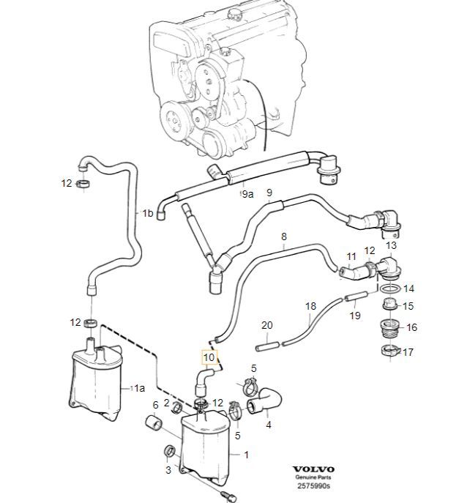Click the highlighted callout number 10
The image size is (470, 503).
pos(209,357)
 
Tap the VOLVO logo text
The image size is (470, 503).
pos(313,469)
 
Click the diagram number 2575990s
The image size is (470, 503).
pos(313,485)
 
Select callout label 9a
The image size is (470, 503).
pos(248,194)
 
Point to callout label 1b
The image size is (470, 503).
pos(148,213)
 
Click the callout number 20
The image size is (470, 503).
pos(267,325)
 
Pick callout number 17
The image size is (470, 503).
pos(408,352)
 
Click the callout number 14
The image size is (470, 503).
pos(409,288)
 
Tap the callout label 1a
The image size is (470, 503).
pos(139,389)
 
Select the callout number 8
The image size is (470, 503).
pos(284,236)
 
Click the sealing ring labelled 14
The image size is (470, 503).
pos(390,288)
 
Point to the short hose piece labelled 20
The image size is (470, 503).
pos(268,346)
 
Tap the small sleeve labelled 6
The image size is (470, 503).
pos(154,422)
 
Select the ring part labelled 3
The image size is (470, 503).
pos(169,451)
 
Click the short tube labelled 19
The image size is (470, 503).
pos(356,296)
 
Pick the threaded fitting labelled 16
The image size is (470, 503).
pos(389,328)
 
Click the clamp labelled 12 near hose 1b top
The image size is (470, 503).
pos(83,184)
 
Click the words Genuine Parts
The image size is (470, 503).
pos(313,477)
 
